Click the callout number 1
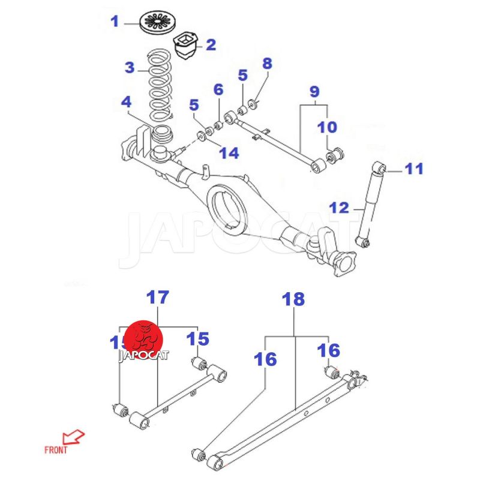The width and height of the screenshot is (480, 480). (115, 22)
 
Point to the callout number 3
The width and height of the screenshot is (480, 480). (130, 67)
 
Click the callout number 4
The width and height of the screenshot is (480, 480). (125, 103)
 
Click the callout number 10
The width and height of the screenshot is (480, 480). (327, 127)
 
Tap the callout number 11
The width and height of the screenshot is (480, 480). (413, 169)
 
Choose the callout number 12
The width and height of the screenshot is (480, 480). (339, 208)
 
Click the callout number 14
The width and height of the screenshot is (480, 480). (229, 153)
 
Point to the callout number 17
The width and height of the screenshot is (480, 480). (158, 296)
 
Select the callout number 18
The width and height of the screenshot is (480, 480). (294, 299)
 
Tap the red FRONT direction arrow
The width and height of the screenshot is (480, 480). (74, 436)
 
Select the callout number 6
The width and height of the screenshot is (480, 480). (218, 90)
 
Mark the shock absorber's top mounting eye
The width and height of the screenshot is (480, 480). (379, 167)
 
